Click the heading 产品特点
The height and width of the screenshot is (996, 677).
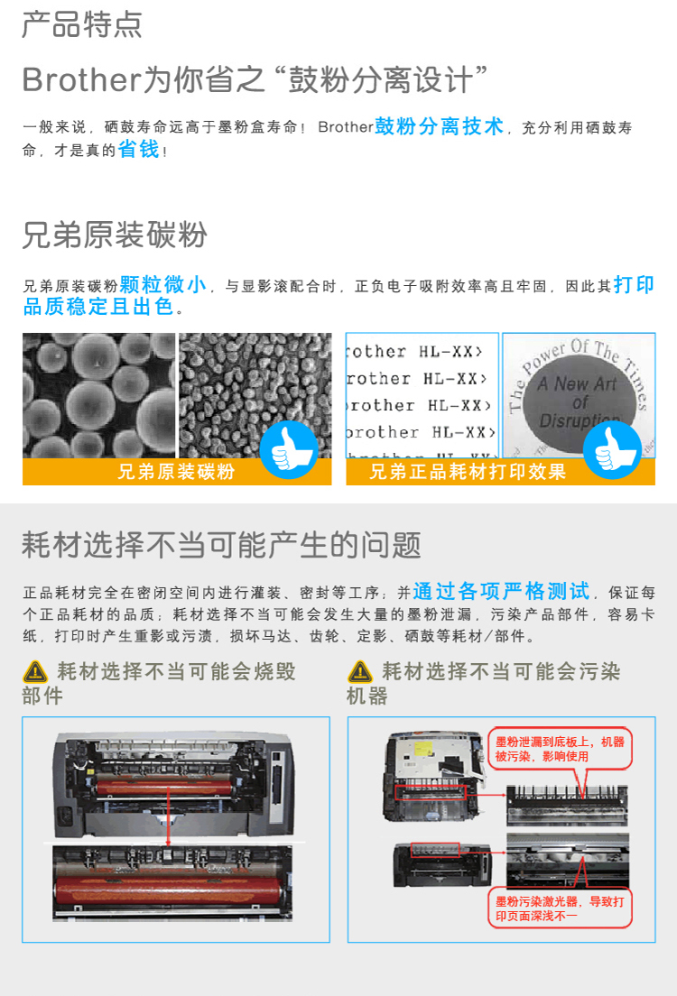(82, 24)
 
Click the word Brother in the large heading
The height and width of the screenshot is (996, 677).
(80, 80)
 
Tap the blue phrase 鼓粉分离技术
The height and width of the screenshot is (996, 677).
(440, 125)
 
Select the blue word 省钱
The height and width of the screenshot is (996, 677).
(139, 149)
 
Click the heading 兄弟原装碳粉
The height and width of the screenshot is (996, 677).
(115, 235)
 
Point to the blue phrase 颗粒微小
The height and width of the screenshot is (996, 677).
(162, 284)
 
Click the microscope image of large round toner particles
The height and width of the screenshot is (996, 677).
(98, 395)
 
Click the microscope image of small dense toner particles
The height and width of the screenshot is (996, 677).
(255, 395)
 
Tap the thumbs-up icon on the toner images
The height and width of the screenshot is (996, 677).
(289, 449)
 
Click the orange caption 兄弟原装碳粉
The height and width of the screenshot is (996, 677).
(176, 471)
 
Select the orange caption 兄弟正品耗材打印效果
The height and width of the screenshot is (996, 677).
(468, 471)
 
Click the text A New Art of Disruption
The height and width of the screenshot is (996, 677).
(577, 402)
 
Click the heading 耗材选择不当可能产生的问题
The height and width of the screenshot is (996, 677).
(221, 545)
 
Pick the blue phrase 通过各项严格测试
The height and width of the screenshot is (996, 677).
(501, 591)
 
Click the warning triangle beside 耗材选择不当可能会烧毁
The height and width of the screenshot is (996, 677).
(35, 671)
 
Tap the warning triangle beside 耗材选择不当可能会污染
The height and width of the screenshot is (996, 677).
(360, 671)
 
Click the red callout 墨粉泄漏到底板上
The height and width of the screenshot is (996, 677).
(560, 749)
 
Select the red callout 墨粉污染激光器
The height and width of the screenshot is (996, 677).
(560, 908)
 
